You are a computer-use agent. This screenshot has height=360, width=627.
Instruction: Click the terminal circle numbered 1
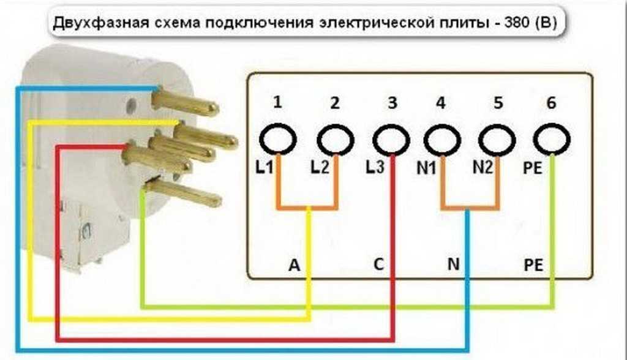277,140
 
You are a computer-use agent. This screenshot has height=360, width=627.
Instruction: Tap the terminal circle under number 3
391,141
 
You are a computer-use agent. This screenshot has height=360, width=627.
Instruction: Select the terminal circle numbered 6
551,141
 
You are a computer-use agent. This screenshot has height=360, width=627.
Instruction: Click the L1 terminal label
265,167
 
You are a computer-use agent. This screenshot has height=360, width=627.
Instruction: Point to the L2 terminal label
320,167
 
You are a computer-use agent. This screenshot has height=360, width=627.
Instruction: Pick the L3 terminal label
375,167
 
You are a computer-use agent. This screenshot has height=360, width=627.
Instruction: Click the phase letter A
294,265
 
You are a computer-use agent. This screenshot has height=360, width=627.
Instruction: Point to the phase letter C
378,265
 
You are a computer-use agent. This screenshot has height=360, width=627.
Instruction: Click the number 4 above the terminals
440,103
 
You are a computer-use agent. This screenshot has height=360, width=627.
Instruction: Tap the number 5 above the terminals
498,103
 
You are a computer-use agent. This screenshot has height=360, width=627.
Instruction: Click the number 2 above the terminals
334,103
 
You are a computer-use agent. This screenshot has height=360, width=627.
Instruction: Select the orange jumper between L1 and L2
307,209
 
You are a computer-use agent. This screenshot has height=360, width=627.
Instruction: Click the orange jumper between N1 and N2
469,209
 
